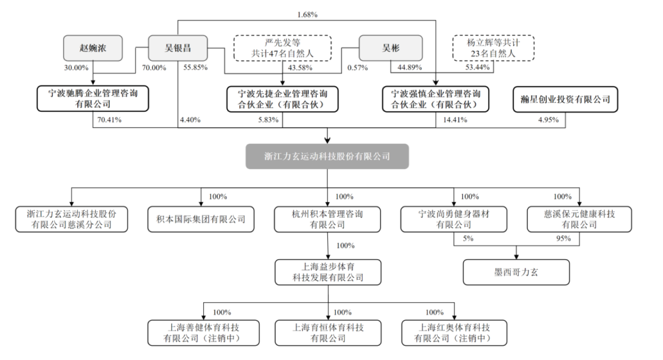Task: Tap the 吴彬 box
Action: [x=391, y=47]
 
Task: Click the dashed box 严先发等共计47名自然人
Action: [x=282, y=47]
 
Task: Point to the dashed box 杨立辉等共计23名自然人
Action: [x=493, y=47]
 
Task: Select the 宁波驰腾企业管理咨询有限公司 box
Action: [x=93, y=99]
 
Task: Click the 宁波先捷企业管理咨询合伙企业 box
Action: [x=282, y=99]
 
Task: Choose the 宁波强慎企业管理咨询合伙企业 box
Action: [x=436, y=99]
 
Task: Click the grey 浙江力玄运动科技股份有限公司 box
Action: [x=327, y=157]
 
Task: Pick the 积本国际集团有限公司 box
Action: [x=201, y=219]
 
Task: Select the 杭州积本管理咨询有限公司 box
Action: [x=327, y=219]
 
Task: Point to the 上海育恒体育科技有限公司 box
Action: [x=327, y=332]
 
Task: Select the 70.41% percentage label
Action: [x=109, y=120]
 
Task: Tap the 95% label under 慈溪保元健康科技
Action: [x=562, y=240]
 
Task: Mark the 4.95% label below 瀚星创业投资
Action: [x=547, y=120]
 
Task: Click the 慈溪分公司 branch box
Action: [x=72, y=219]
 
